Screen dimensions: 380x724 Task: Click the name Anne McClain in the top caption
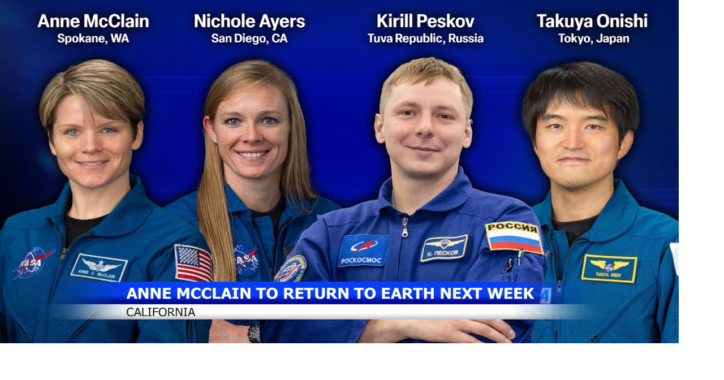93,21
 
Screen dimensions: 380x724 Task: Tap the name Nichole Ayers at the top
249,21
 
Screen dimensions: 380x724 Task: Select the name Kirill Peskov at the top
425,21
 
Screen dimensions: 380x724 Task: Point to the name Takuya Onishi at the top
592,21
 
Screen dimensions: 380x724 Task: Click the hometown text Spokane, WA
93,39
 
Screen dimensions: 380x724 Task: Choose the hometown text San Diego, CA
249,39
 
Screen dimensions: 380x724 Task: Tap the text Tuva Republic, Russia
425,39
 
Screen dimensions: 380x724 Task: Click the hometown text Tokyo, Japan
593,39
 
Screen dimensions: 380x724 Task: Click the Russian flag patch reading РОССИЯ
514,237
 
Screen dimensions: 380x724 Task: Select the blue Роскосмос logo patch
363,250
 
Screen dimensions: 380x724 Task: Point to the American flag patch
193,263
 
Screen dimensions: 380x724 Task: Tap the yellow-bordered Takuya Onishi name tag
609,268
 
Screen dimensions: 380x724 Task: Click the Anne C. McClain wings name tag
99,267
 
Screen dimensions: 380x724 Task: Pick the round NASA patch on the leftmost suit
33,262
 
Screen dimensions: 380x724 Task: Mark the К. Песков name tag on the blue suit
443,248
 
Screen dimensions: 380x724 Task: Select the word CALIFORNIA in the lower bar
161,312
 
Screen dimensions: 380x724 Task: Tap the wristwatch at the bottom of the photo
254,332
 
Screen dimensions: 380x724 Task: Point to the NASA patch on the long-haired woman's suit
246,260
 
